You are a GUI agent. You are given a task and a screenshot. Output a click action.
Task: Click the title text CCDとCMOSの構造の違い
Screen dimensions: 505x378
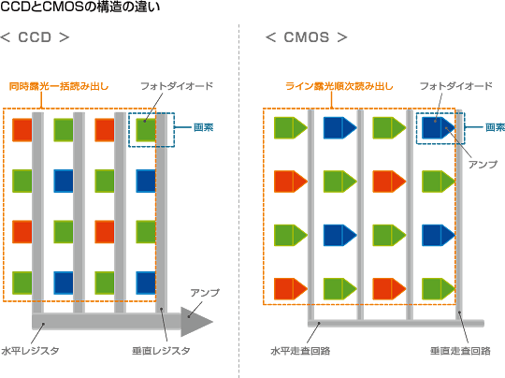point(79,7)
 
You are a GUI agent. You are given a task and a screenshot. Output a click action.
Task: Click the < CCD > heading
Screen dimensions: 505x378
point(35,37)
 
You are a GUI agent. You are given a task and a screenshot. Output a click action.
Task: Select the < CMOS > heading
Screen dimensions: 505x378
point(307,37)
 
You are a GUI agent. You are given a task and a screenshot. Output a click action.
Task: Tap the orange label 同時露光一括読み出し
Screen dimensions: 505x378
point(59,86)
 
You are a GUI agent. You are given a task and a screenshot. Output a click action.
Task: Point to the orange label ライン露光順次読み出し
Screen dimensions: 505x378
point(339,86)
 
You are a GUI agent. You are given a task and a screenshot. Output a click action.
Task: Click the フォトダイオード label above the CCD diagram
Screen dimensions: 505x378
point(177,86)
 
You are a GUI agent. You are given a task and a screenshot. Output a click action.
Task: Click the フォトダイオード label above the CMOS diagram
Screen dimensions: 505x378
point(456,86)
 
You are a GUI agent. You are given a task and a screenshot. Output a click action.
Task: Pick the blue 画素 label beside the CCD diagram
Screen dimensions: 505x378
point(204,127)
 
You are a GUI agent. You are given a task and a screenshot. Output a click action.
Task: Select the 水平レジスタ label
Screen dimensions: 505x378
point(30,351)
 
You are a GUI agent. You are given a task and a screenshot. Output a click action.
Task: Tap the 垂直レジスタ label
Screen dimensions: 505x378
point(161,351)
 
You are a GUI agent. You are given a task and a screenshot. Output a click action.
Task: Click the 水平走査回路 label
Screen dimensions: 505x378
point(300,351)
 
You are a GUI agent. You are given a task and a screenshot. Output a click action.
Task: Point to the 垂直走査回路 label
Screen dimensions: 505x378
point(460,351)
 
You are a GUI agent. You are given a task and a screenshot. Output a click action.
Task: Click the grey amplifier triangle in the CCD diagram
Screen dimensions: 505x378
point(195,322)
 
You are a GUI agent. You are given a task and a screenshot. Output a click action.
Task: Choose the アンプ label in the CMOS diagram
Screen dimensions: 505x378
point(483,165)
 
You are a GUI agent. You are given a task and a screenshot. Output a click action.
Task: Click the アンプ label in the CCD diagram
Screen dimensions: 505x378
point(205,293)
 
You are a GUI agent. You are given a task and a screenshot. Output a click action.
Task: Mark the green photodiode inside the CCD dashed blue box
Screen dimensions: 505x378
point(146,130)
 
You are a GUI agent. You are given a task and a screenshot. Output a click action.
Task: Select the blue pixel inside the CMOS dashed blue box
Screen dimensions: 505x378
point(439,127)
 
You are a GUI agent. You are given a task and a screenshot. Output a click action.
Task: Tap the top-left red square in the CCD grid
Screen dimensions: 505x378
point(22,130)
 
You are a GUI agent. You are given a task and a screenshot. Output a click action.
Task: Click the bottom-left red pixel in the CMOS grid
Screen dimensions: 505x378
point(291,289)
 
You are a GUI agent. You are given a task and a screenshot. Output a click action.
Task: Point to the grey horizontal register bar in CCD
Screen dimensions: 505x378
point(107,321)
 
